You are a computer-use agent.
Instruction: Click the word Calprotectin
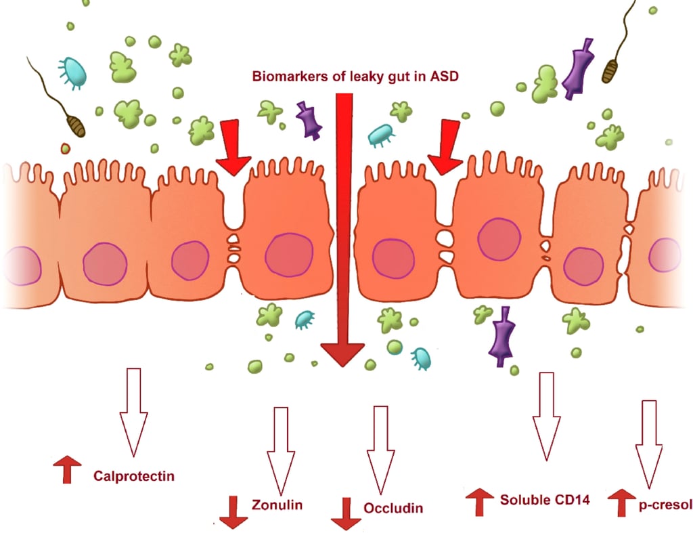134,476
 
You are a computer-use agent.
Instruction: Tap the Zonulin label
277,505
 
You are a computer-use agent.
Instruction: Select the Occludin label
393,508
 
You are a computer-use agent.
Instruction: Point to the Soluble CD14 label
545,500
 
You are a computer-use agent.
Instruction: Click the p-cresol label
665,505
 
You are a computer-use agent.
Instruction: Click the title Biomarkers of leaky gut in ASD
355,77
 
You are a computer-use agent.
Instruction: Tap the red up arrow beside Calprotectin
67,469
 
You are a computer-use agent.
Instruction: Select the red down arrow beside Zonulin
233,512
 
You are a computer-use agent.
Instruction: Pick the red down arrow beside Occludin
346,513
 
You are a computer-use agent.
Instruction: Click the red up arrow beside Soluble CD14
480,502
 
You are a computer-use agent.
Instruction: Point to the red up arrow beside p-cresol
621,503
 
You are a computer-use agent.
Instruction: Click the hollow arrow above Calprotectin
133,412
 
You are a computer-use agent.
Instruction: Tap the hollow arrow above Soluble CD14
547,417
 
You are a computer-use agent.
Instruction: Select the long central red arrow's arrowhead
343,355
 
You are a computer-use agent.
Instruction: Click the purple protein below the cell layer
501,337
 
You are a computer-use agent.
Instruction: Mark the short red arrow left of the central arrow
233,147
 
